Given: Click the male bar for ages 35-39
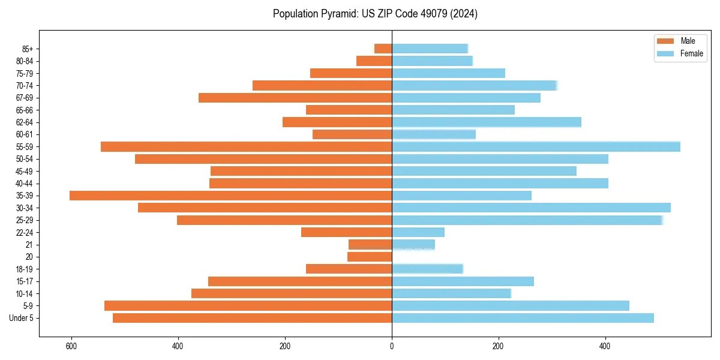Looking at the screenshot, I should [x=231, y=196].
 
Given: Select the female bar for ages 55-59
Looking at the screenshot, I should [x=536, y=146].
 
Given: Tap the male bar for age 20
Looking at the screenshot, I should [x=370, y=257].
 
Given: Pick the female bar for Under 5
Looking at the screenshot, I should [x=523, y=318].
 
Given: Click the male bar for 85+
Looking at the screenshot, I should [x=383, y=49].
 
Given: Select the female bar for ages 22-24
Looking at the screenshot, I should [x=418, y=232].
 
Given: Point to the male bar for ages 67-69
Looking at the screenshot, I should [x=295, y=98].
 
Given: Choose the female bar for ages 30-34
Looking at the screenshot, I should [x=531, y=208].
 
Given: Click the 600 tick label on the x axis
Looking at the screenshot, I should [x=71, y=346].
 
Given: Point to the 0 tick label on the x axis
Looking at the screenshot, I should [x=392, y=346].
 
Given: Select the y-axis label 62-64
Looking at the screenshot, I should [x=25, y=122].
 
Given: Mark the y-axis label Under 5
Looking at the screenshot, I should [x=22, y=318].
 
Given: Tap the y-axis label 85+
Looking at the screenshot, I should [x=27, y=49].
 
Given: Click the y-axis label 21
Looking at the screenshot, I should [x=29, y=245].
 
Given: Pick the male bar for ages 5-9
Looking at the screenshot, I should [x=248, y=306].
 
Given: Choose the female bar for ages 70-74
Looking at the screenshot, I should [x=475, y=85].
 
